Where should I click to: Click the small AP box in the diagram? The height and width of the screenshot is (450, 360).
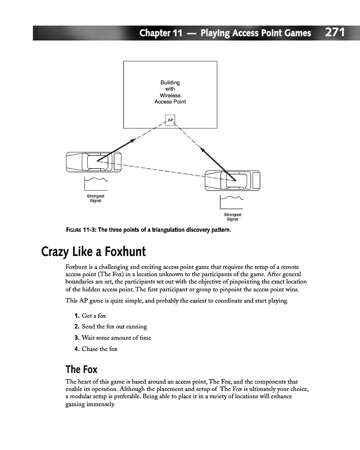(x=170, y=120)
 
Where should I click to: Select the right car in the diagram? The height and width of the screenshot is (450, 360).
(x=233, y=180)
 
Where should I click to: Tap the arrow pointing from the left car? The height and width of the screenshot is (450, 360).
(x=118, y=150)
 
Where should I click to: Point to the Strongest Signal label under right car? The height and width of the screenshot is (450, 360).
(x=232, y=217)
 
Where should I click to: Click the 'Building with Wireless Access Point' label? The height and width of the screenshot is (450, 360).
(x=170, y=92)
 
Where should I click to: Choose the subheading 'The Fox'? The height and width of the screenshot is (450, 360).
(x=82, y=369)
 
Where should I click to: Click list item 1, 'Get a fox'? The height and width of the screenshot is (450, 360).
(x=90, y=316)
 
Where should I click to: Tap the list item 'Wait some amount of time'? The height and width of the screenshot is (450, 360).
(x=112, y=337)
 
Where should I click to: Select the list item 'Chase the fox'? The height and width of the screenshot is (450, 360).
(x=95, y=349)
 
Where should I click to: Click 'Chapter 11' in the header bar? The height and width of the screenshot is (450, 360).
(x=160, y=33)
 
